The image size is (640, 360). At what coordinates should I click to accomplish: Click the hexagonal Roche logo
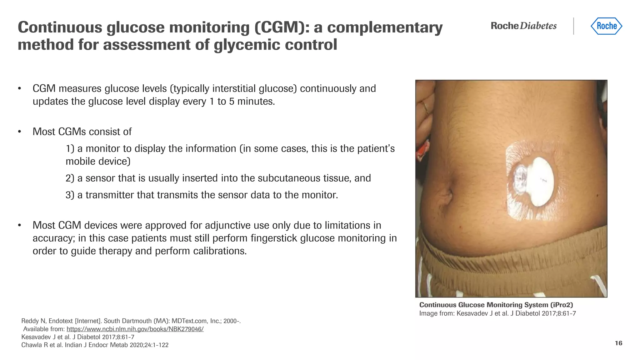tap(606, 26)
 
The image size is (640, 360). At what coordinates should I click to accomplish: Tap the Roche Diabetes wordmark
tap(523, 26)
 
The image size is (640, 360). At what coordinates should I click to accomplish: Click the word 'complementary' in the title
tap(385, 27)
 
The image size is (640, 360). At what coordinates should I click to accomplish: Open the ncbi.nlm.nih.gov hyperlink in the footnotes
tap(135, 329)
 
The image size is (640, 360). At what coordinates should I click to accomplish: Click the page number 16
tap(618, 343)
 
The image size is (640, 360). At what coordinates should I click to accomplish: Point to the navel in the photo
tap(448, 196)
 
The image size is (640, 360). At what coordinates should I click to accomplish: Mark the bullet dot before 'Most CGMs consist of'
tap(19, 132)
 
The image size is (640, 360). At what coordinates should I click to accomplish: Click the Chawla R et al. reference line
tap(95, 345)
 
